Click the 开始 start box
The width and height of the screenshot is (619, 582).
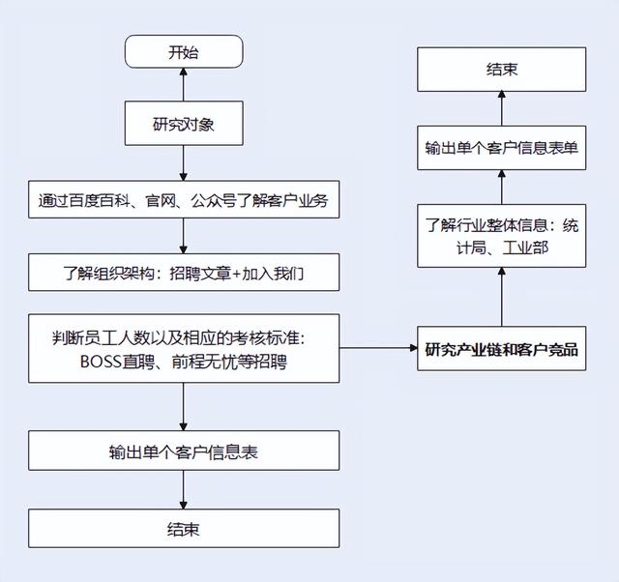pos(184,51)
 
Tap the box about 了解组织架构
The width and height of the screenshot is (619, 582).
pos(184,273)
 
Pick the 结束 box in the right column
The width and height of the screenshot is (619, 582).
pos(501,70)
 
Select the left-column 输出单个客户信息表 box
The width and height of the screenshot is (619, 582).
pos(184,451)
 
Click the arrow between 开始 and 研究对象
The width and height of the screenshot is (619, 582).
pos(184,85)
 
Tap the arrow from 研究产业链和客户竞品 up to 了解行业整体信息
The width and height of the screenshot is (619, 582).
pos(501,298)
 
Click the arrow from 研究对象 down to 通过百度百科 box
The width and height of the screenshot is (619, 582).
pos(184,164)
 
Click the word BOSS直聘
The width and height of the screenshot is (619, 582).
pos(115,363)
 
